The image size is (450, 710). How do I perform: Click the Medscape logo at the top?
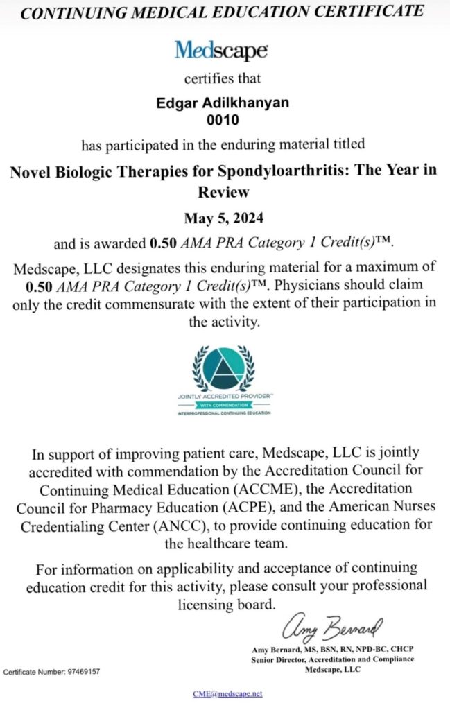tap(221, 50)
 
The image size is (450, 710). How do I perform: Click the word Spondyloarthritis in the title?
tap(273, 172)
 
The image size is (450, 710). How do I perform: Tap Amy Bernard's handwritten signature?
tap(331, 627)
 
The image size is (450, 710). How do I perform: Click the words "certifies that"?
tap(222, 80)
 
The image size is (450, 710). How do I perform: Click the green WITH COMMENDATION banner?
tap(224, 405)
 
